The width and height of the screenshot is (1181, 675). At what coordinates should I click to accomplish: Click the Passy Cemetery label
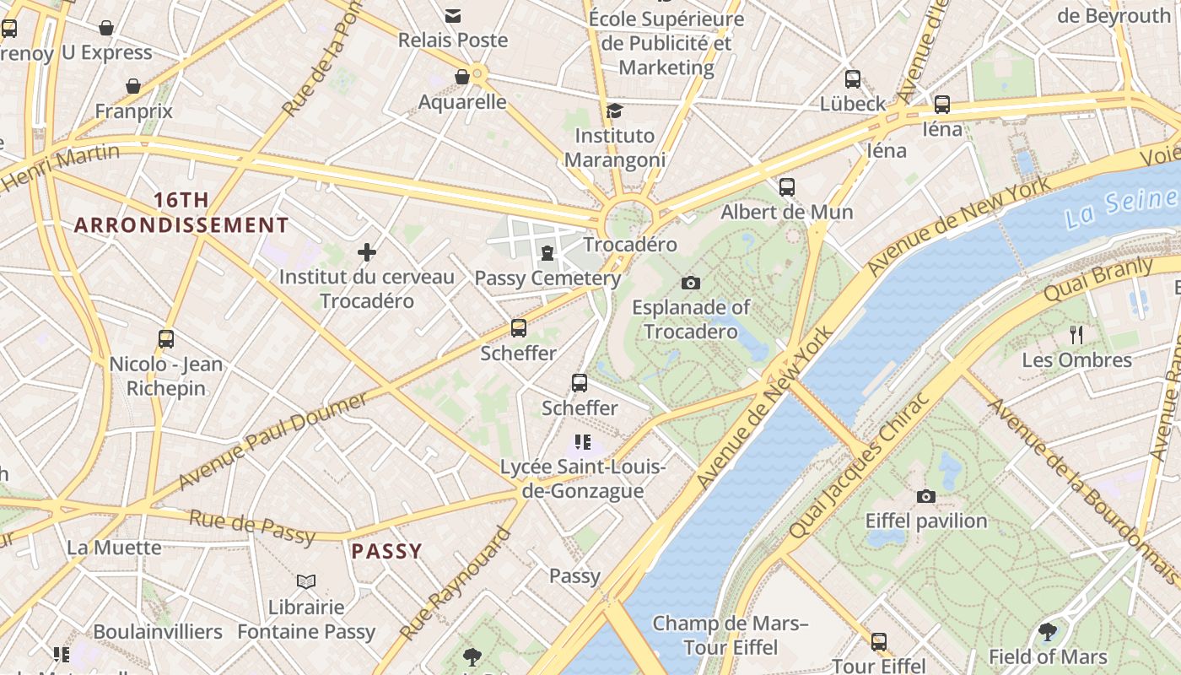[x=547, y=278]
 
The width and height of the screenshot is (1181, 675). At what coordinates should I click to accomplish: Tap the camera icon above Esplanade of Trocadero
[x=691, y=283]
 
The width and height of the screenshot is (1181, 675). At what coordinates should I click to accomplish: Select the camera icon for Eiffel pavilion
[x=925, y=497]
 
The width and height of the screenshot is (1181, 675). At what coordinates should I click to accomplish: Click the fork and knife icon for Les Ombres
[x=1076, y=335]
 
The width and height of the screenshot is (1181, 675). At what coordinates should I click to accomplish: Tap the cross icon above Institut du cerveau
[x=367, y=252]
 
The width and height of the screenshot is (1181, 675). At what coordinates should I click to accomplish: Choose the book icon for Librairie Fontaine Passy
[x=306, y=582]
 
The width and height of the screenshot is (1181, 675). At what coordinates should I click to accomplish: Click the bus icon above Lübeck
[x=853, y=79]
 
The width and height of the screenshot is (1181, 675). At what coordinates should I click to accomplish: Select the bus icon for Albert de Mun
[x=787, y=187]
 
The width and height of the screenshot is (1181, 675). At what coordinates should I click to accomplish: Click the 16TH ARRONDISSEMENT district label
[x=181, y=213]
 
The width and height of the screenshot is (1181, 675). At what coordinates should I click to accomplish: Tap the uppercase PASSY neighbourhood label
[x=386, y=552]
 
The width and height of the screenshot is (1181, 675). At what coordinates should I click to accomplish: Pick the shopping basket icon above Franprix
[x=133, y=86]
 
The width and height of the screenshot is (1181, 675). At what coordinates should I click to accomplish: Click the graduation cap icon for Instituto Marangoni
[x=615, y=111]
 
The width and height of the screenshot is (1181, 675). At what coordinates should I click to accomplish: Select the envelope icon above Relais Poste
[x=453, y=15]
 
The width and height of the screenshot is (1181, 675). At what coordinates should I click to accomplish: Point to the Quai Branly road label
[x=1098, y=280]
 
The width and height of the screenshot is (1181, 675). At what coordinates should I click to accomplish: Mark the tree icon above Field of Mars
[x=1048, y=632]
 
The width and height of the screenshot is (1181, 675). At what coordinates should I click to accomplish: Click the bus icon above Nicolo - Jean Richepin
[x=166, y=339]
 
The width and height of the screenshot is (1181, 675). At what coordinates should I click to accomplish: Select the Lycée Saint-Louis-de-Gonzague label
[x=583, y=479]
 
